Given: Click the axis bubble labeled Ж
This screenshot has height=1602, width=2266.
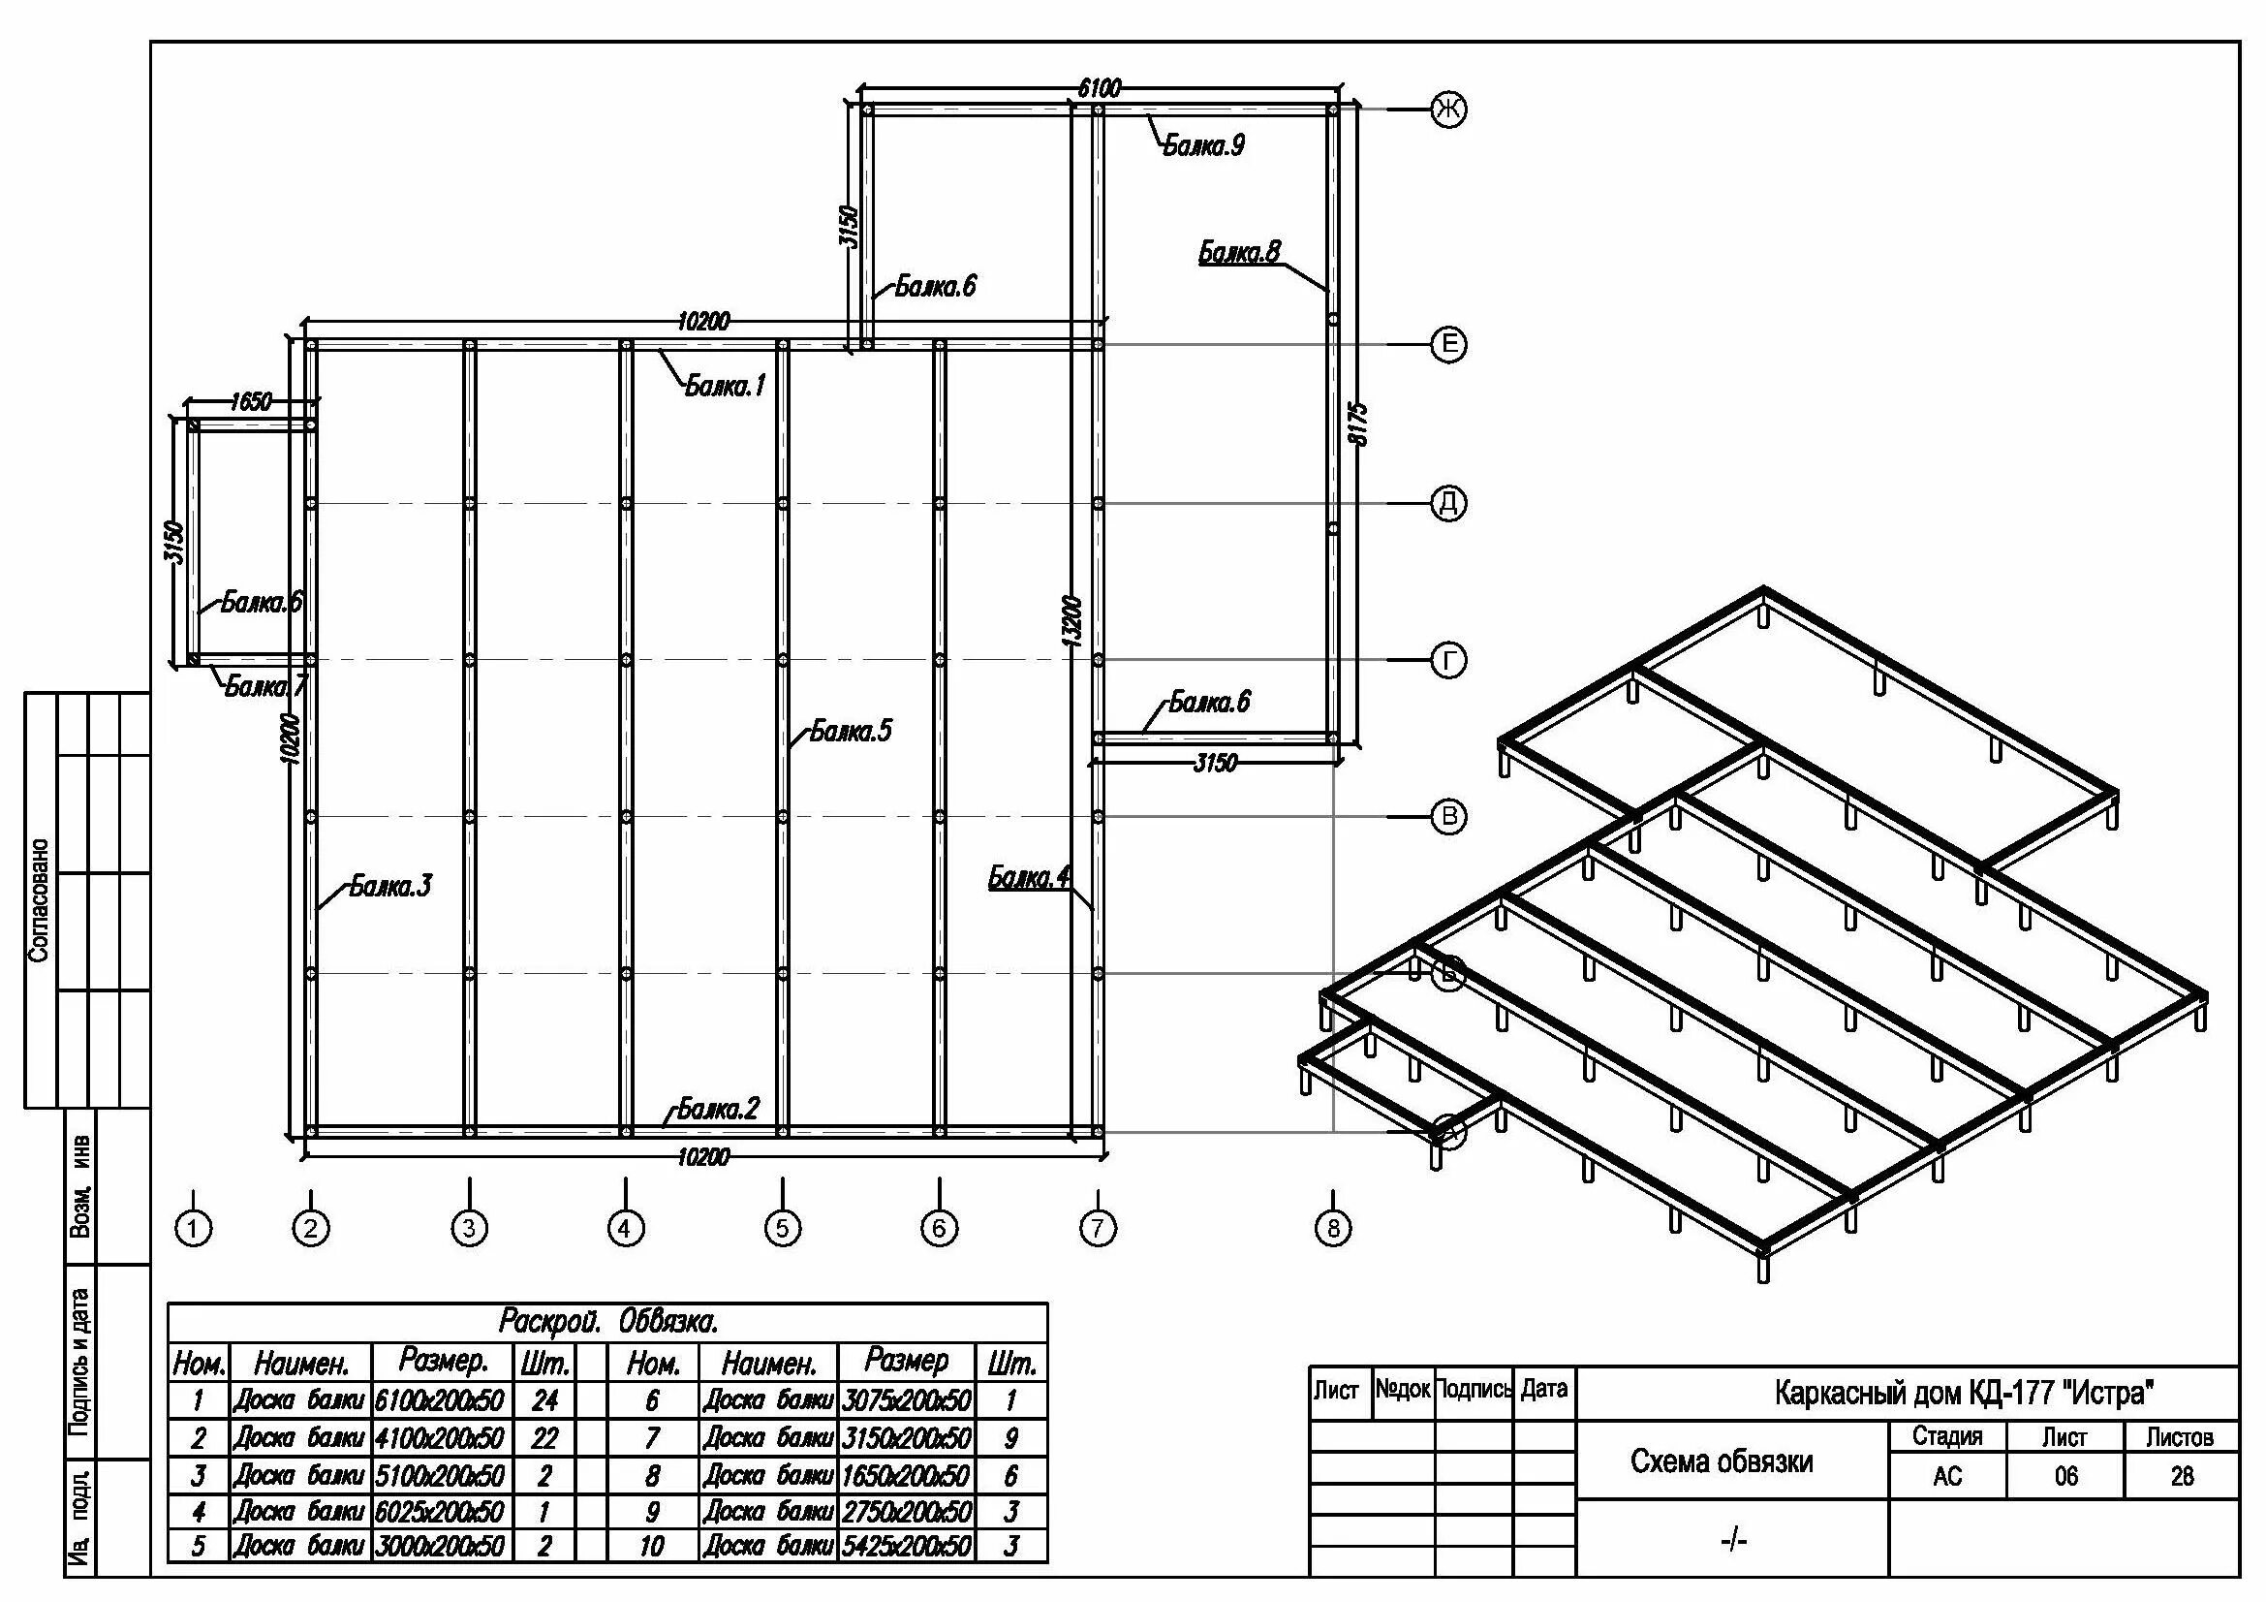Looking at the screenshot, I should coord(1447,109).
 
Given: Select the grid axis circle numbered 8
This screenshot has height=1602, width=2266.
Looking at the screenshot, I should coord(1332,1228).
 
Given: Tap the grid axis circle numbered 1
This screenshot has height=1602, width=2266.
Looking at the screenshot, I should coord(194,1228).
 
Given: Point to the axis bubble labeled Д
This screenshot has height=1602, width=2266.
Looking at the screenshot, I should coord(1447,503).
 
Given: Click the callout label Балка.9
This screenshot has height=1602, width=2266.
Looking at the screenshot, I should coord(1203,146).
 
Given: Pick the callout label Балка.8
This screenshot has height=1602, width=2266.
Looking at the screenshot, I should coord(1239,253).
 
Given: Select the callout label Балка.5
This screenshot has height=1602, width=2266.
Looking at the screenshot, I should coord(850,731).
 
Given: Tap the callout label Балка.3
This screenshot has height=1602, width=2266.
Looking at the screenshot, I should coord(390,887).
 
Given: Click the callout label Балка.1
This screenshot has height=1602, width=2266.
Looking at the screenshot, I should coord(726,386).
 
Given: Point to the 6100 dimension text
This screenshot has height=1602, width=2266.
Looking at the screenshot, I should coord(1099,89).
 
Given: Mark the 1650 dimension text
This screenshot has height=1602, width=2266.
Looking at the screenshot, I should coord(251,402).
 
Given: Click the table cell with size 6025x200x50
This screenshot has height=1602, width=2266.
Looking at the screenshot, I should coord(440,1511).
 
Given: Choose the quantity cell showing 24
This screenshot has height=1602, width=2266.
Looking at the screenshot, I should coord(543,1399).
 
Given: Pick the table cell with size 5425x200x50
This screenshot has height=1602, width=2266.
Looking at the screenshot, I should coord(906,1546).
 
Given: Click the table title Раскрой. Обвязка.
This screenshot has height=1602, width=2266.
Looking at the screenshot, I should coord(608,1321).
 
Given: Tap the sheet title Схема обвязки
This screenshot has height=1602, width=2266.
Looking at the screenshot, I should coord(1722,1461).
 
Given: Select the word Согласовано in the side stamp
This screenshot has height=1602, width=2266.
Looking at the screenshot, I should coord(40,899).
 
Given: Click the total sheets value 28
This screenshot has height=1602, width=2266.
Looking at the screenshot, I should coord(2181,1476).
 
